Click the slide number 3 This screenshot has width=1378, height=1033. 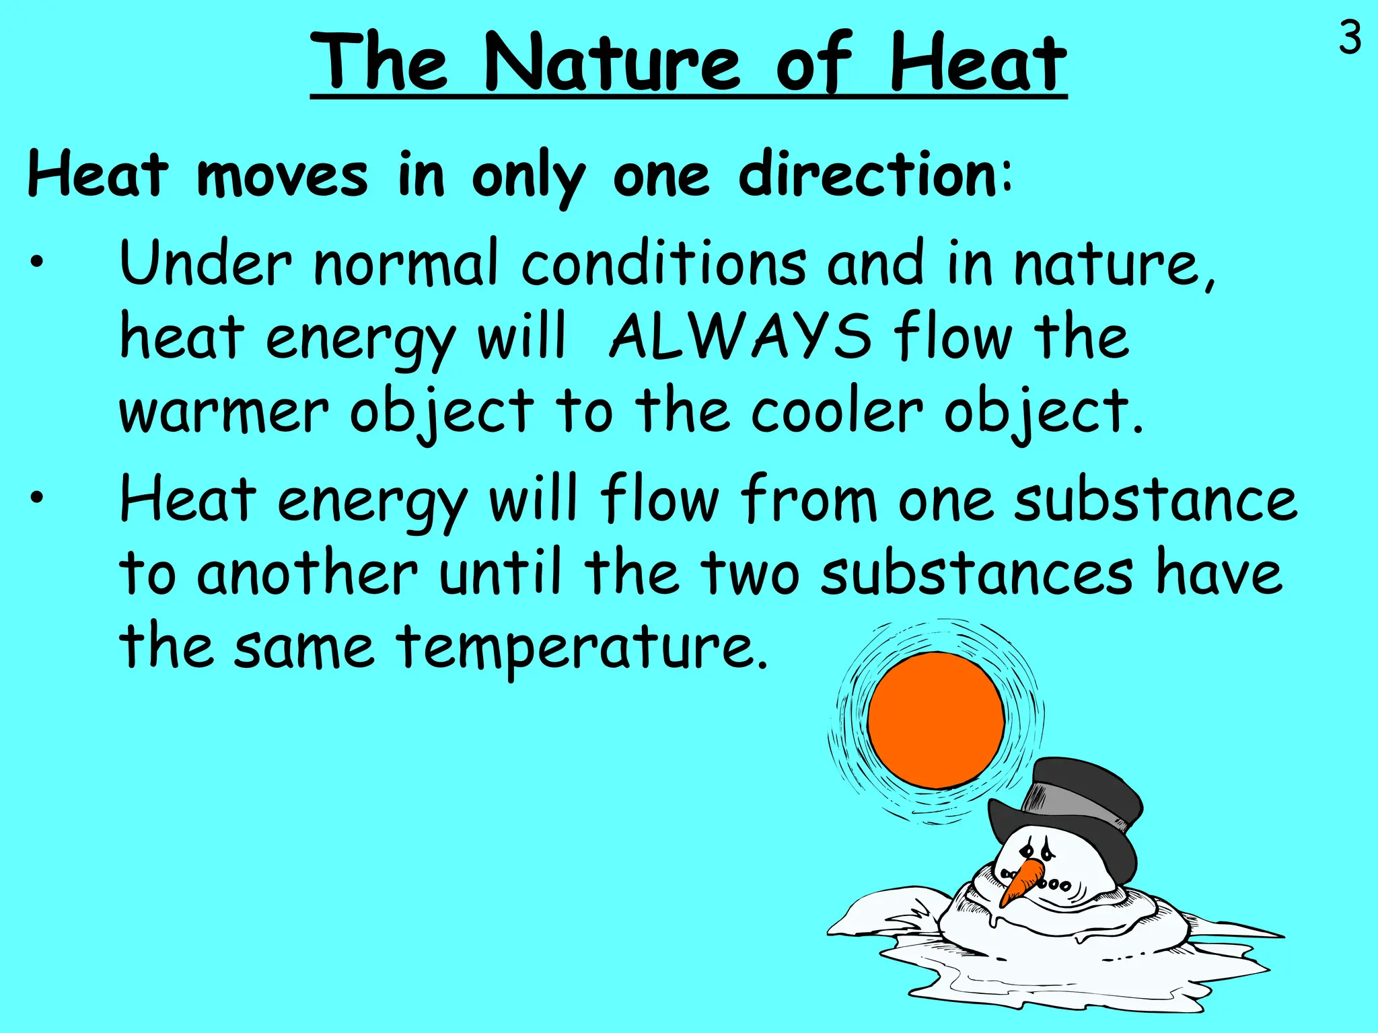click(x=1350, y=38)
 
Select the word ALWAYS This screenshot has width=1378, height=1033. click(x=739, y=336)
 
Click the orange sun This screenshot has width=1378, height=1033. click(x=935, y=720)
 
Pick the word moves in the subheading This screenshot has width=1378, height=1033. click(x=283, y=177)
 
